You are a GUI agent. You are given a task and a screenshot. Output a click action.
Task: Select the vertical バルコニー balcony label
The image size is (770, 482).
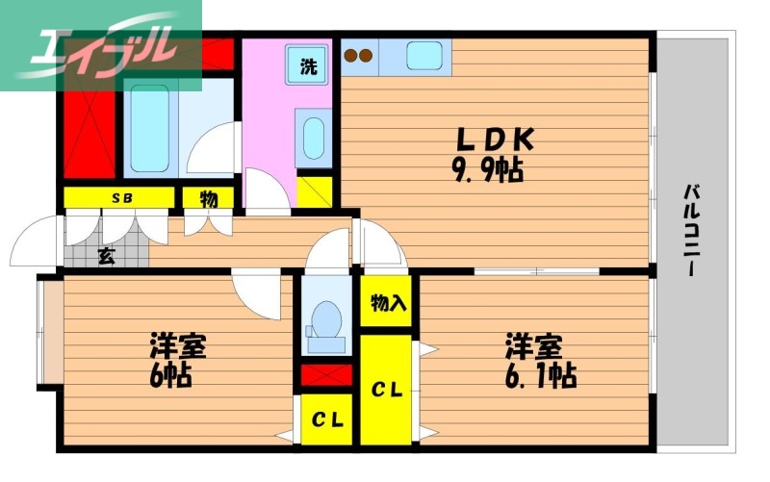pos(691,231)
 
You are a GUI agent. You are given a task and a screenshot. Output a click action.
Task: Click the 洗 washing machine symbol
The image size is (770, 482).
pos(307,66)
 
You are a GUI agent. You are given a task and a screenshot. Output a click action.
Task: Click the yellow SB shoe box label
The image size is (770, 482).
pos(121,198)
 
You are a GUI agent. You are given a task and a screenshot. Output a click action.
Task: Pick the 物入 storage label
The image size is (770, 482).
pos(388,304)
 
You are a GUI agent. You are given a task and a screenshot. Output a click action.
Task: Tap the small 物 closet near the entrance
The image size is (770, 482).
pos(208,198)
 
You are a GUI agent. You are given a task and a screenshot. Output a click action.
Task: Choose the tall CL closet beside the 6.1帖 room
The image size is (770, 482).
pos(387,389)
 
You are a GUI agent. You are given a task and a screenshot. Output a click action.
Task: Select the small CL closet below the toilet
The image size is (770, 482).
pos(326,419)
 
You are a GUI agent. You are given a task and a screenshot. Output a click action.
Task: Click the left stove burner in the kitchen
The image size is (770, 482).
pos(350,55)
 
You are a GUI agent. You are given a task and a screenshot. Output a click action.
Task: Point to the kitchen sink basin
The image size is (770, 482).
pos(423,56)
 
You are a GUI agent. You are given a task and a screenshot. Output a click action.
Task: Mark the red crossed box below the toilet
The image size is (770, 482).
pos(326,375)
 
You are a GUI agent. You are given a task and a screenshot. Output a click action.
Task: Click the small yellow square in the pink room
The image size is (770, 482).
pos(315,191)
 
